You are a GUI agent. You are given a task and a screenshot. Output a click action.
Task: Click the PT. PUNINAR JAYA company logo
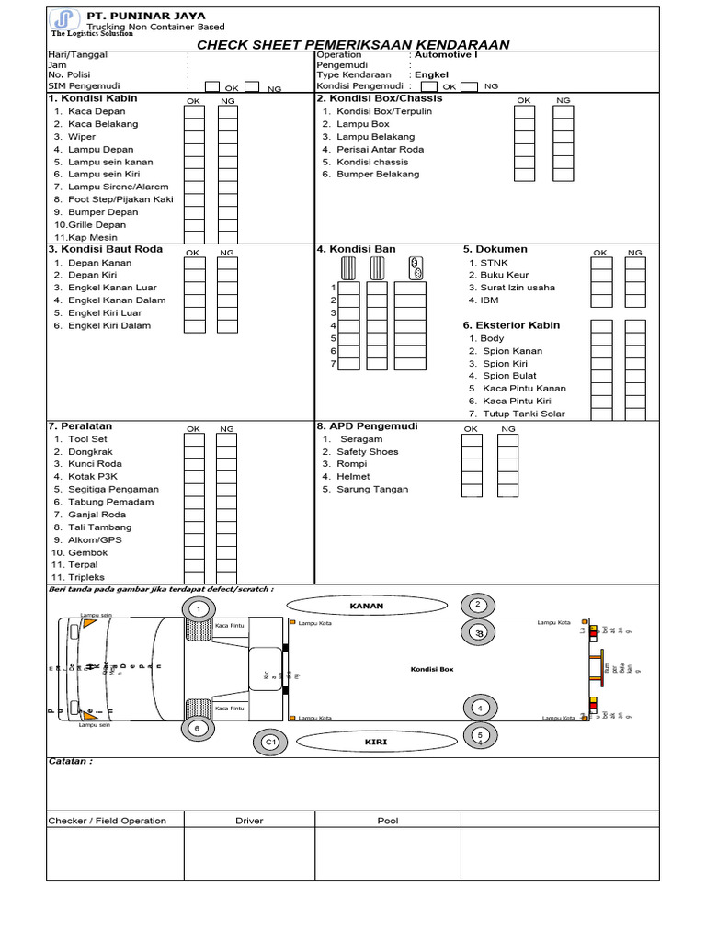63,20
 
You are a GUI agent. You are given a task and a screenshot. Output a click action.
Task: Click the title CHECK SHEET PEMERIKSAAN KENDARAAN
354,45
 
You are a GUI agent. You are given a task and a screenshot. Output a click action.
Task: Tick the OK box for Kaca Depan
194,112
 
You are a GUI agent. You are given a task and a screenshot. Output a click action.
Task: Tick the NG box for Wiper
227,137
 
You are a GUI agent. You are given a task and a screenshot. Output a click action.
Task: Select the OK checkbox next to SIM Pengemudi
212,87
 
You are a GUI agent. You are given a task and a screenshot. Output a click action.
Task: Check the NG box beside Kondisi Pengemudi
470,86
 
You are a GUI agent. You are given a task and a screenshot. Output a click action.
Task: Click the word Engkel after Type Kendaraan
431,74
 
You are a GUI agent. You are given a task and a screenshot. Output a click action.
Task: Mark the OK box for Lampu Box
523,124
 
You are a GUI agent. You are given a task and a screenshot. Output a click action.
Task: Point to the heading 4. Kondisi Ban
357,249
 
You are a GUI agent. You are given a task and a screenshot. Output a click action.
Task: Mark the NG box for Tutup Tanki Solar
634,414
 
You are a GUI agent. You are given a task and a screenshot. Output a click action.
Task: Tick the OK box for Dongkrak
194,452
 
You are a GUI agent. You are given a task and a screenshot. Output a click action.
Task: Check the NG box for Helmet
507,477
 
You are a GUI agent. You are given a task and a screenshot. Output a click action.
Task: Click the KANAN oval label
366,607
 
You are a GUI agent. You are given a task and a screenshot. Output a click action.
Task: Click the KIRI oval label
373,741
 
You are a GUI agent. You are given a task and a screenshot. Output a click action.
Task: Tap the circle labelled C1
269,742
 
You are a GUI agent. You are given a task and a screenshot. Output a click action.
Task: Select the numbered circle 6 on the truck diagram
196,728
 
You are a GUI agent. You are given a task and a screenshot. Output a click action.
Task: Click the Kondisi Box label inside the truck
432,669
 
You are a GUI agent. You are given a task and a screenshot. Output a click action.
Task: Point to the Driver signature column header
249,821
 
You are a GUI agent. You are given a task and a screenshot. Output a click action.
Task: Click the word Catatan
70,761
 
